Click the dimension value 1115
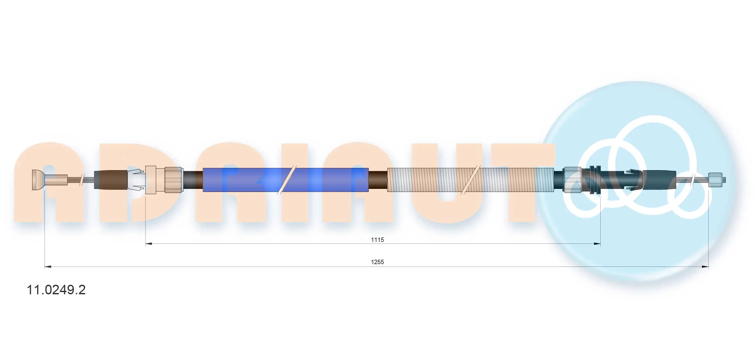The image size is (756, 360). click(377, 240)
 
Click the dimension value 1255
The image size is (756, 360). click(377, 262)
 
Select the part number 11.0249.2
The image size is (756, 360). click(56, 290)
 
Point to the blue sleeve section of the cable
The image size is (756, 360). click(286, 180)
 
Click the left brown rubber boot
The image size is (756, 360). click(111, 180)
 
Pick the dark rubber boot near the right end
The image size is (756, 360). click(659, 180)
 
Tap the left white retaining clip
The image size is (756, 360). click(136, 180)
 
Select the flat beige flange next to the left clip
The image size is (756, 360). click(151, 180)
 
